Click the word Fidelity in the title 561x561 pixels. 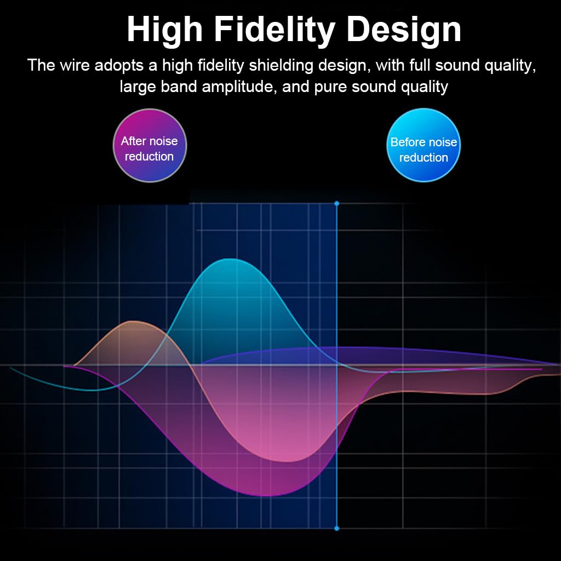tap(274, 31)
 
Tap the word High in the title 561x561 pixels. tap(165, 31)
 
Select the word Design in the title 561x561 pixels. tap(404, 31)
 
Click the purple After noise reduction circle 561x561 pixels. tap(150, 145)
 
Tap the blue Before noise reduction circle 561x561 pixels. tap(423, 145)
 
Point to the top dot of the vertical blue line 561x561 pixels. tap(337, 204)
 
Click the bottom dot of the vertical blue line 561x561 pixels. tap(337, 528)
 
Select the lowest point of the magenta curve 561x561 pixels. tap(267, 496)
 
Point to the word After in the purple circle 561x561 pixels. tap(134, 141)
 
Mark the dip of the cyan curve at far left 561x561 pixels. tap(91, 390)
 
